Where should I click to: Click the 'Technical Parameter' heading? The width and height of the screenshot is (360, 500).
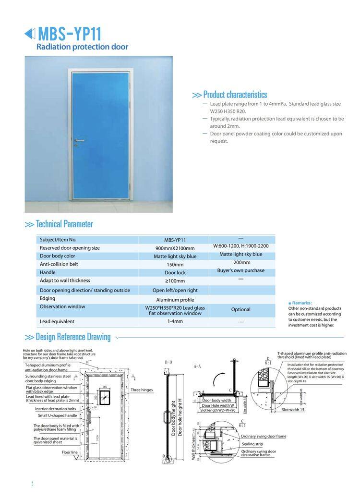pos(64,224)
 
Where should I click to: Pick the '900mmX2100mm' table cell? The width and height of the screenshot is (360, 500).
pos(173,248)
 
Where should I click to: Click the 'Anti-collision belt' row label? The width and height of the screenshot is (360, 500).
pos(59,264)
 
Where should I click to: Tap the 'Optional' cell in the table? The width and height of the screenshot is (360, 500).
pos(240,310)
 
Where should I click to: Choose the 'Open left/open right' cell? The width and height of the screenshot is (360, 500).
pos(175,291)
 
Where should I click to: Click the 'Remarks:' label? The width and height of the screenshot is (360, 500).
pos(301,303)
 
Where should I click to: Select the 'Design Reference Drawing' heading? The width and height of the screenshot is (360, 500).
pos(73,337)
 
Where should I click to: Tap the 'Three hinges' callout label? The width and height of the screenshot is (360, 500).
pos(142,390)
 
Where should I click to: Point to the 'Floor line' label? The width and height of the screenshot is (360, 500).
pos(70,452)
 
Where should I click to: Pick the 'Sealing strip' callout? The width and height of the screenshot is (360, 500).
pos(252,444)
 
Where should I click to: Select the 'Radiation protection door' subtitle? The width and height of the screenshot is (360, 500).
pos(83,47)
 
